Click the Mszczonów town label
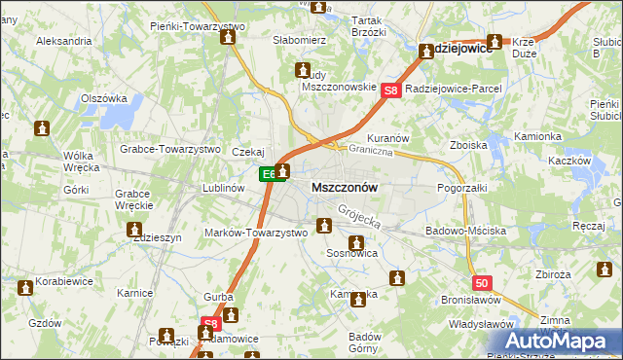coord(344,186)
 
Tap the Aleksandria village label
coord(63,42)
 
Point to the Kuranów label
coord(386,138)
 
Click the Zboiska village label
coord(468,145)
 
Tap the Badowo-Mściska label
coord(465,232)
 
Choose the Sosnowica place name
coord(352,252)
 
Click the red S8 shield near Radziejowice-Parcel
coord(391,91)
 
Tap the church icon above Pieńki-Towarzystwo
coord(228,38)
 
